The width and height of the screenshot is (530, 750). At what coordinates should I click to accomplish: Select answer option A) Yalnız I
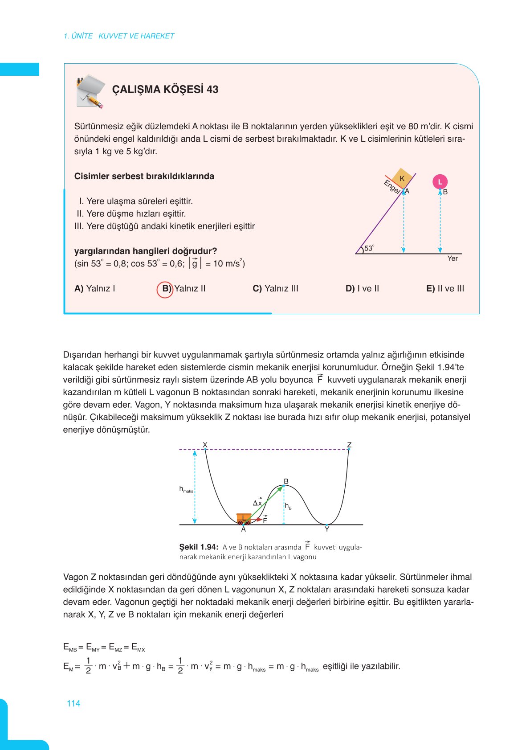point(94,289)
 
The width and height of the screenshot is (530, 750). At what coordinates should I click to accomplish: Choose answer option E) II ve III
point(444,289)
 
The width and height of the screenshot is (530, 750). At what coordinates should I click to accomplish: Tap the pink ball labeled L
point(440,182)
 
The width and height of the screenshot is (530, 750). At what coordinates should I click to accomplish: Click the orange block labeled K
point(402,178)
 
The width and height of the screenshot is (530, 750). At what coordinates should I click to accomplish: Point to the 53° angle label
point(369,248)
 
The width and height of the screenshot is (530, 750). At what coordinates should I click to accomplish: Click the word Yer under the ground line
point(453,258)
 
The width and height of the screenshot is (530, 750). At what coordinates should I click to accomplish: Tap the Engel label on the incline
point(392,187)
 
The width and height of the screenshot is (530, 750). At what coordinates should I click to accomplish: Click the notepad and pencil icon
point(91,91)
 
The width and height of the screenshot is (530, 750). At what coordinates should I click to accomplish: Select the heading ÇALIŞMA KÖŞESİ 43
point(165,90)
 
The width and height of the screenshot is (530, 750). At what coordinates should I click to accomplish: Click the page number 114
point(73,704)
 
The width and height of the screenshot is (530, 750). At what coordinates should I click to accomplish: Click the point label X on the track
point(205,445)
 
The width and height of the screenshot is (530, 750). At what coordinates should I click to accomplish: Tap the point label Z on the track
point(349,445)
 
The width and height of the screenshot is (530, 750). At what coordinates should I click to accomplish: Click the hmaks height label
point(186,489)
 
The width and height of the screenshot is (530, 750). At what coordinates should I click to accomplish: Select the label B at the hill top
point(286,481)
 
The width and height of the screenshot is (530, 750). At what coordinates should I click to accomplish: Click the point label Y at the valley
point(327,529)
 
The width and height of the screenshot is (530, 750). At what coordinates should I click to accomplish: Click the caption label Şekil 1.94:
point(199,547)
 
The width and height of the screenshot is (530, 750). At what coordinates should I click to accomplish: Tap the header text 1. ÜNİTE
point(78,36)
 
